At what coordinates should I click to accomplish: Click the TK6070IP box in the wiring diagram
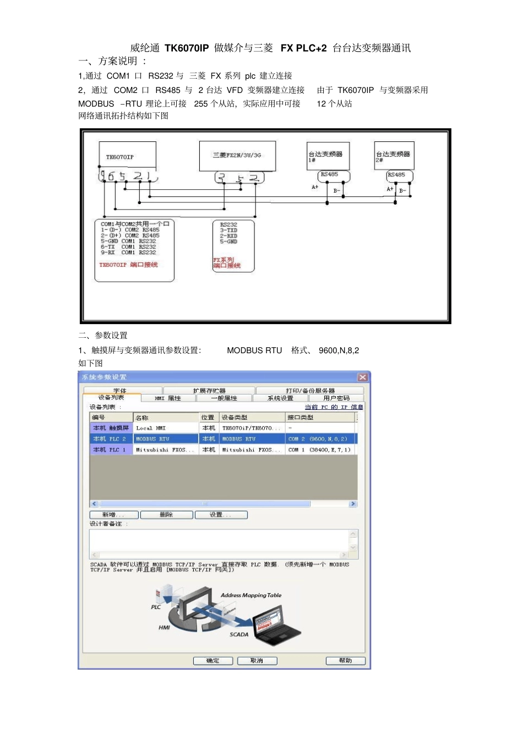point(127,156)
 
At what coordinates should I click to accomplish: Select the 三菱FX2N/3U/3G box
point(237,155)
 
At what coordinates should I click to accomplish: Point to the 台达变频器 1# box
point(328,156)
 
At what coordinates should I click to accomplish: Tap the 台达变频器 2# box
point(394,156)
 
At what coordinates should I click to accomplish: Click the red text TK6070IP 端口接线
point(128,265)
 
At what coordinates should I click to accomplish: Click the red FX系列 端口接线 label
point(227,262)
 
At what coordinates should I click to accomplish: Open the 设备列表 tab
point(111,397)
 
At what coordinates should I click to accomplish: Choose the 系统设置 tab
point(280,398)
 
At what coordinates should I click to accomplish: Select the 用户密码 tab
point(336,398)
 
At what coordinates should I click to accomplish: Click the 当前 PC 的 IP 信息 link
point(334,407)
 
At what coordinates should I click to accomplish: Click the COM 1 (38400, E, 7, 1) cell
point(319,450)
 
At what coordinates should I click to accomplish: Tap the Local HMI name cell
point(165,428)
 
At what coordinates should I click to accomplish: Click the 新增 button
point(113,515)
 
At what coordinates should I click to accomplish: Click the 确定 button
point(213,661)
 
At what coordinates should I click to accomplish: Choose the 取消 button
point(257,661)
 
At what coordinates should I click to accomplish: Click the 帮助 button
point(345,661)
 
